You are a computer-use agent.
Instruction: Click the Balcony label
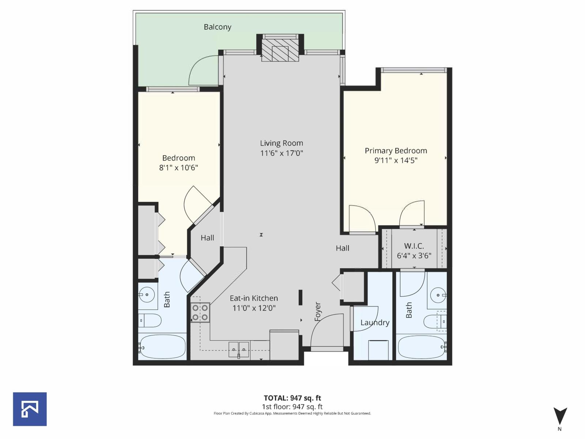217,27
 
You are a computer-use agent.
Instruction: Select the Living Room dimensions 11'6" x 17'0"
282,153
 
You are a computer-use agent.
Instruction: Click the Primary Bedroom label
396,151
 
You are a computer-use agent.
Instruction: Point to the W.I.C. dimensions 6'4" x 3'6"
414,256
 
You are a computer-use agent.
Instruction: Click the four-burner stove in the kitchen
200,313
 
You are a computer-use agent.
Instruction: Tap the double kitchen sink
239,349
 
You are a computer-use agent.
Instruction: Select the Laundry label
375,323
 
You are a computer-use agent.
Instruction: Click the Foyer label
318,312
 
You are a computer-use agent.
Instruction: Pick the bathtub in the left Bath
162,347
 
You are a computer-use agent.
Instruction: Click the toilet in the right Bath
435,322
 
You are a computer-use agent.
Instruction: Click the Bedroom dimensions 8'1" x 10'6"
178,168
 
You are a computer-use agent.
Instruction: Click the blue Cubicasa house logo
30,409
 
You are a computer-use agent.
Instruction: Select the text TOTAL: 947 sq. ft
292,398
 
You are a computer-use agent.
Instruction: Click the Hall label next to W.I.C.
343,248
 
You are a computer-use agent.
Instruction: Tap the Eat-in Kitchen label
254,299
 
